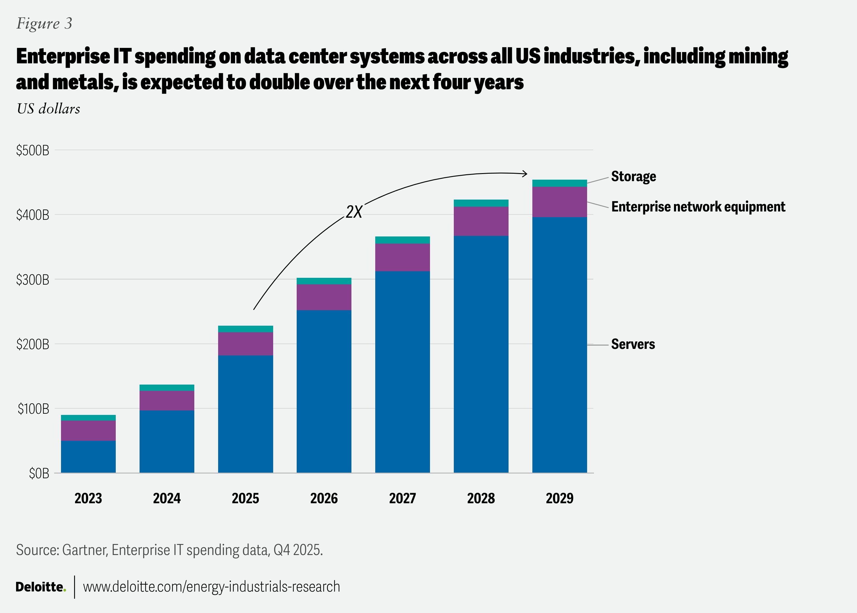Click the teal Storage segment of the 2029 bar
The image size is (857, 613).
[x=559, y=184]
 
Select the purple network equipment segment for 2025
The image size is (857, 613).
[x=245, y=344]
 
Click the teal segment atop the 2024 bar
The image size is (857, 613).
[x=167, y=388]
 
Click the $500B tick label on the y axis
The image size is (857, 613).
[x=32, y=150]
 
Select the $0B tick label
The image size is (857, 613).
[x=39, y=473]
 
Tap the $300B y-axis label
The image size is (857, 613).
[x=32, y=280]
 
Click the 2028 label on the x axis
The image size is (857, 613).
[x=481, y=498]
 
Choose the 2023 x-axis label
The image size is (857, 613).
[x=88, y=498]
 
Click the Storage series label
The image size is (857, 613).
[x=633, y=176]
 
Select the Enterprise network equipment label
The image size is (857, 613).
[x=698, y=207]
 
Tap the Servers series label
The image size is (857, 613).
[x=633, y=344]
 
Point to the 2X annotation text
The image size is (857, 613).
[x=354, y=212]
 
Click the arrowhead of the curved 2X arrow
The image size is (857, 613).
[x=525, y=174]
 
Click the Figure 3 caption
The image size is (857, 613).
[x=44, y=23]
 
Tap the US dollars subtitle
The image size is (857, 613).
[x=48, y=109]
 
